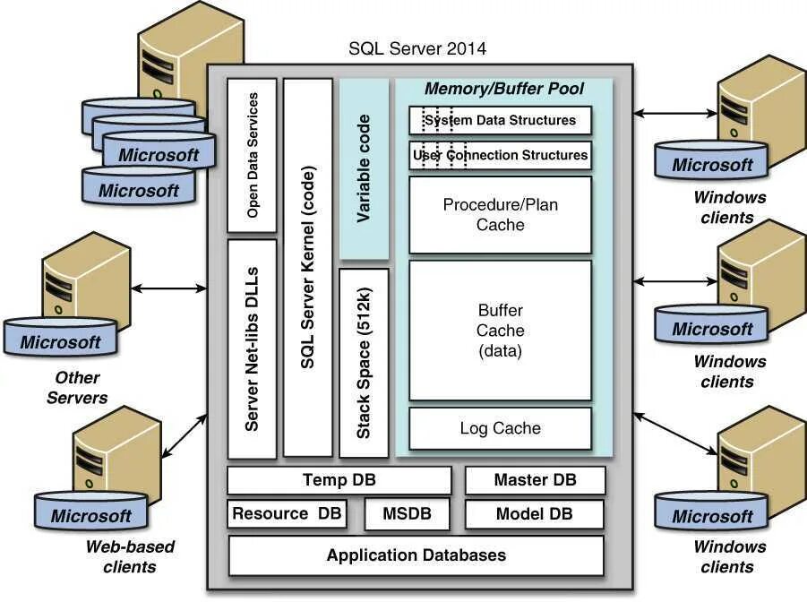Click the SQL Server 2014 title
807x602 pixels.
[417, 48]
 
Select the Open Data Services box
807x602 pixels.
[252, 156]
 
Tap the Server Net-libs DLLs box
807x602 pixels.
[252, 348]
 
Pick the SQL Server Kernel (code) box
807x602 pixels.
[308, 267]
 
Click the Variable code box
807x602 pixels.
[364, 169]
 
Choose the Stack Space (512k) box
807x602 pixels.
[364, 363]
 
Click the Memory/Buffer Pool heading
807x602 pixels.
[504, 89]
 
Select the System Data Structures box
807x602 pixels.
[501, 121]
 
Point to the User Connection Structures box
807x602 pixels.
[501, 155]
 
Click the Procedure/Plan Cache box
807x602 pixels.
[501, 215]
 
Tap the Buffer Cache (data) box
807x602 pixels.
[501, 330]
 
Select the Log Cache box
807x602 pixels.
[501, 428]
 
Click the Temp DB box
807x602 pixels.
[339, 480]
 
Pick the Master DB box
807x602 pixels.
[536, 480]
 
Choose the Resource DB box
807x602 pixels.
[287, 513]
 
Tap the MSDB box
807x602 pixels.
[408, 514]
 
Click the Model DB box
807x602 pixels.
[534, 514]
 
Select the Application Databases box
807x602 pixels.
[416, 555]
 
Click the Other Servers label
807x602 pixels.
[77, 387]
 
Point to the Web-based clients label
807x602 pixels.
[130, 556]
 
